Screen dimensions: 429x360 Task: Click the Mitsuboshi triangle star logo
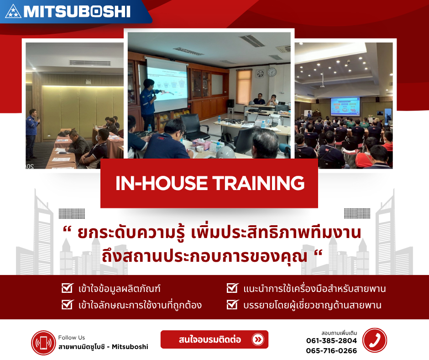13,12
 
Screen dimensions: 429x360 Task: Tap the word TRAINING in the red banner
259,183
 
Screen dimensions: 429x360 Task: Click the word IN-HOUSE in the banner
162,183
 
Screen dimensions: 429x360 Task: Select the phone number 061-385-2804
331,340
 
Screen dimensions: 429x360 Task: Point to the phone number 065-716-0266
331,351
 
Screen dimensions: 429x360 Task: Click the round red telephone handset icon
375,340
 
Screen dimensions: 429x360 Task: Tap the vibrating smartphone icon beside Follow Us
43,343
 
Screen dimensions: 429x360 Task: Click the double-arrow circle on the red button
258,340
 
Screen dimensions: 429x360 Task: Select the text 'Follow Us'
71,338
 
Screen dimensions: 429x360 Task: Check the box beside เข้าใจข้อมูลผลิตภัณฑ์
67,288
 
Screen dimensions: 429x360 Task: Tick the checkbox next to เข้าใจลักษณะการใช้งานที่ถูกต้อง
67,304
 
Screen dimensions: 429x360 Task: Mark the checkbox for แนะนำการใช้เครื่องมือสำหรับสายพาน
232,288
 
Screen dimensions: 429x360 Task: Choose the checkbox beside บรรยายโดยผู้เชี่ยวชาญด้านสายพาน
232,304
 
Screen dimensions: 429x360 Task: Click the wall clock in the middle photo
272,72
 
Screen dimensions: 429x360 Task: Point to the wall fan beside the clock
260,74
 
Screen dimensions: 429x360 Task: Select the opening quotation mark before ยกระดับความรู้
67,230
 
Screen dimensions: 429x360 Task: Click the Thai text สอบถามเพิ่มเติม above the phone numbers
339,333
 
